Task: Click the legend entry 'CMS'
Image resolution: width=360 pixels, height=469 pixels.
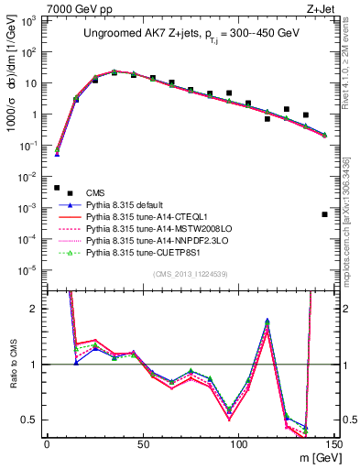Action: tap(95, 192)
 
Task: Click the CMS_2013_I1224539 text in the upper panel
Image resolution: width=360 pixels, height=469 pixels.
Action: tap(190, 273)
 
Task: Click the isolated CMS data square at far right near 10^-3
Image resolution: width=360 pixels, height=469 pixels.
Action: tap(325, 214)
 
